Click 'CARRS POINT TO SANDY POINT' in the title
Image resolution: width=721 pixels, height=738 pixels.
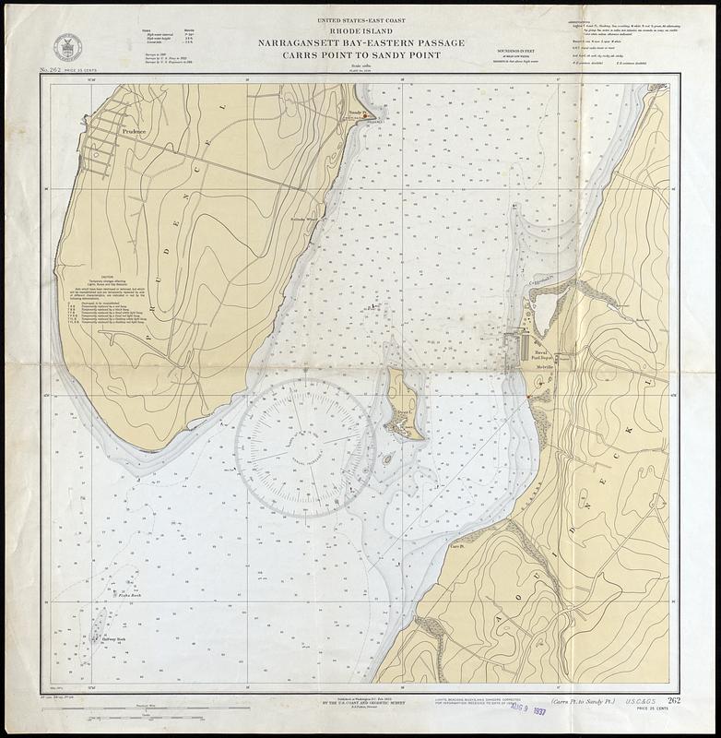[360, 54]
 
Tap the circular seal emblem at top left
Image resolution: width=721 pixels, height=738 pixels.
[66, 46]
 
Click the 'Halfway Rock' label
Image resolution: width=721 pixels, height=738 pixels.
[112, 638]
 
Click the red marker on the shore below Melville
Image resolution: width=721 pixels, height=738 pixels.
[527, 398]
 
